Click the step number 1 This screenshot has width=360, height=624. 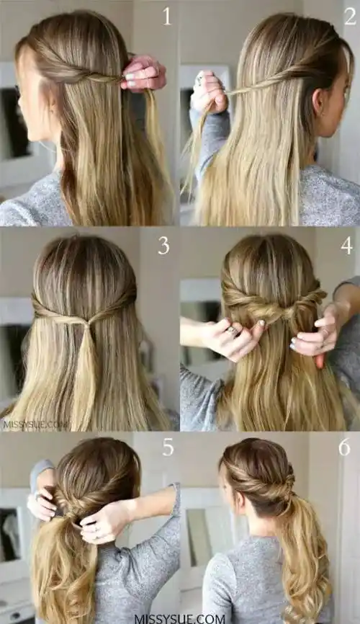pyautogui.click(x=167, y=17)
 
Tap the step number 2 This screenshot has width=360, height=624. pyautogui.click(x=350, y=17)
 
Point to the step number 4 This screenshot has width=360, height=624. pyautogui.click(x=346, y=246)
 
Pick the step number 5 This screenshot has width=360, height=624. pyautogui.click(x=168, y=447)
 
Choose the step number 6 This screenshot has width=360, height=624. pyautogui.click(x=344, y=447)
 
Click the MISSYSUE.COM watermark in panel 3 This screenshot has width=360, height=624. pyautogui.click(x=35, y=424)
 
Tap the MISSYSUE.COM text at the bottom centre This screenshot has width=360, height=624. pyautogui.click(x=180, y=619)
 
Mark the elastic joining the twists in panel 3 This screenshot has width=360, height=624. pyautogui.click(x=86, y=325)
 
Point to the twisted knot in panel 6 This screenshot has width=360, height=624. pyautogui.click(x=287, y=489)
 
